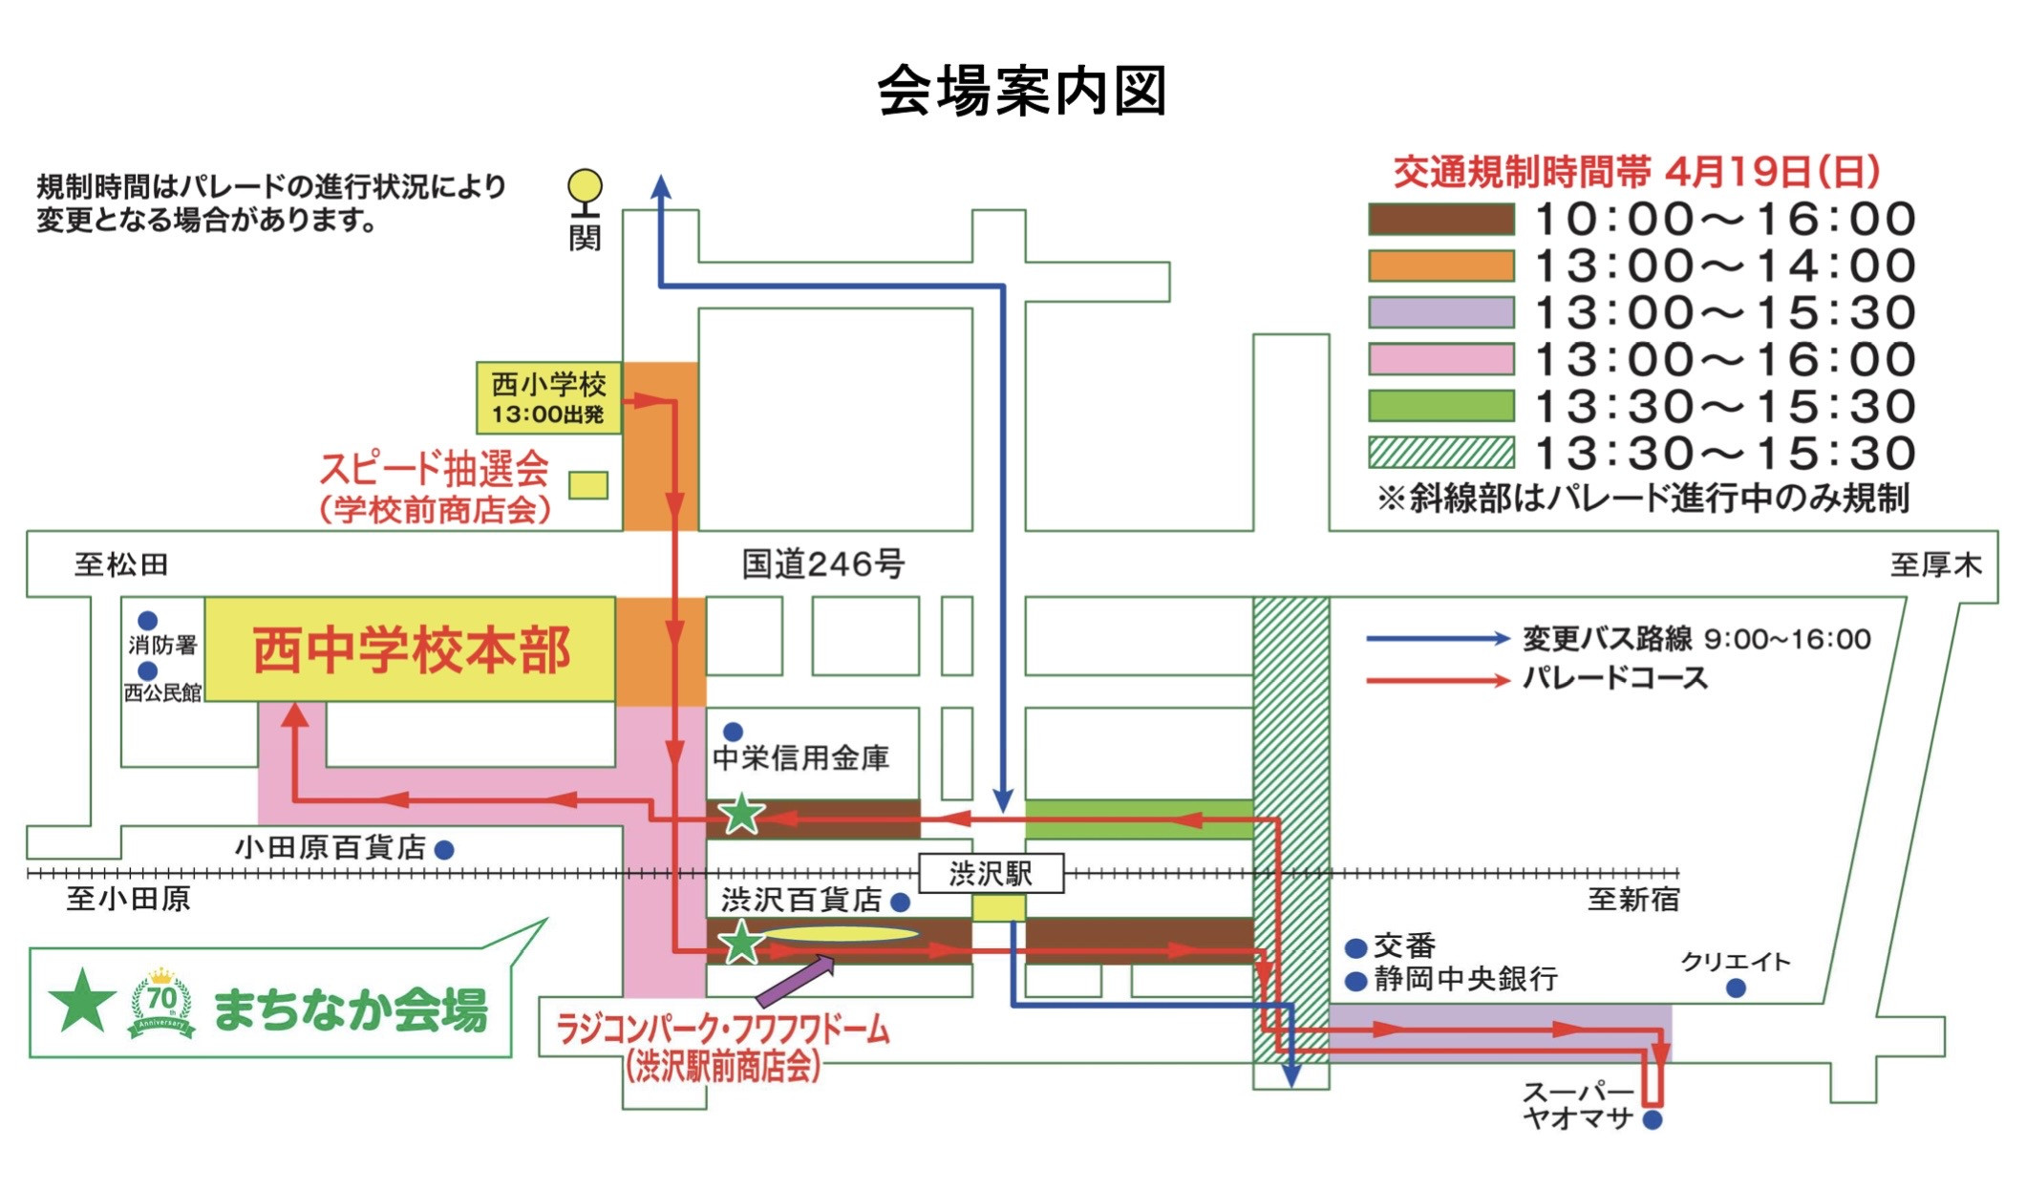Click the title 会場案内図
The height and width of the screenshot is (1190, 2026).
1021,91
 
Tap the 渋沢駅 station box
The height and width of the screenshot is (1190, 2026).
991,873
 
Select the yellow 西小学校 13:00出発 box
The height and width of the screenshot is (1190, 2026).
548,397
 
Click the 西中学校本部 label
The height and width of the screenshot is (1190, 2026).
411,650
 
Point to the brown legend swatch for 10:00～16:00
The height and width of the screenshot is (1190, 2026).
1440,219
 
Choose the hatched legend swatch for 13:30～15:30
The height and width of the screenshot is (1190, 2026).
1440,453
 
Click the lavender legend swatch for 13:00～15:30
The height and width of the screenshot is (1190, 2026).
1440,312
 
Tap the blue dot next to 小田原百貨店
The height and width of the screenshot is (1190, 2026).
444,849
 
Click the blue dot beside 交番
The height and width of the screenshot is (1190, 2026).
1354,948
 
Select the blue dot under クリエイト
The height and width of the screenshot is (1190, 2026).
1736,988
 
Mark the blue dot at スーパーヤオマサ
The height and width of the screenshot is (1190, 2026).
1653,1119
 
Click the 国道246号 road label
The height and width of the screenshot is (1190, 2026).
822,564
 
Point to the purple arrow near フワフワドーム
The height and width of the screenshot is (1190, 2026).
795,983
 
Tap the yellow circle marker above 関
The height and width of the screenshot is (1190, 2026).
585,185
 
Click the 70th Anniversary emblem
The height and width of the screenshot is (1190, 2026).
161,1003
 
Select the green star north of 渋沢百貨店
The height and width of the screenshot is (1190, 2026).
741,815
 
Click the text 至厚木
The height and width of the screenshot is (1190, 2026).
1935,564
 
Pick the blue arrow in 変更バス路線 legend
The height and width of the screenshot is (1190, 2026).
1437,639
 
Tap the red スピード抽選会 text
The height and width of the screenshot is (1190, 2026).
434,469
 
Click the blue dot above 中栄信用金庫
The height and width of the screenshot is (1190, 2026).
733,732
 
